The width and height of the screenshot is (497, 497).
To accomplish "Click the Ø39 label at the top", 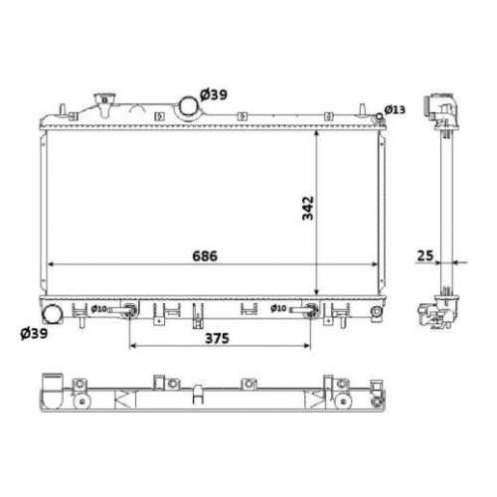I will pos(215,93).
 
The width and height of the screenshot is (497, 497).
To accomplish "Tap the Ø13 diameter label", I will pos(395,108).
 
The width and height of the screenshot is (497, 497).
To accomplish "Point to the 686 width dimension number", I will pos(204,255).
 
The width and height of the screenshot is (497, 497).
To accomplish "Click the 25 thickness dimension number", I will pos(425,256).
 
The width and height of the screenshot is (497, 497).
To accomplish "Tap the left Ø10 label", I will pos(99,309).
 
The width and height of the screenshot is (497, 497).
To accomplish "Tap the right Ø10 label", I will pos(281,309).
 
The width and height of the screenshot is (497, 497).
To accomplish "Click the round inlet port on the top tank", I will pos(187,106).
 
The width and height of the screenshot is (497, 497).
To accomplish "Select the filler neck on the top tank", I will pos(99,104).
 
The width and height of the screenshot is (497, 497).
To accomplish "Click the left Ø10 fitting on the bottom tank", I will pos(127,310).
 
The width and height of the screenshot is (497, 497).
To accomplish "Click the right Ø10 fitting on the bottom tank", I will pos(311,310).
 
